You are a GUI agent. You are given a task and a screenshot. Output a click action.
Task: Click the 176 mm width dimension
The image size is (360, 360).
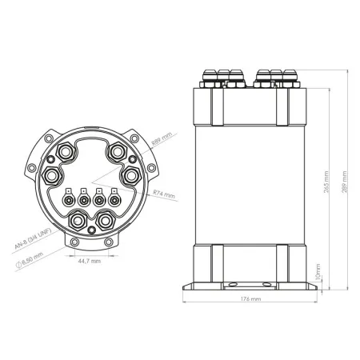pyautogui.click(x=250, y=299)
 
